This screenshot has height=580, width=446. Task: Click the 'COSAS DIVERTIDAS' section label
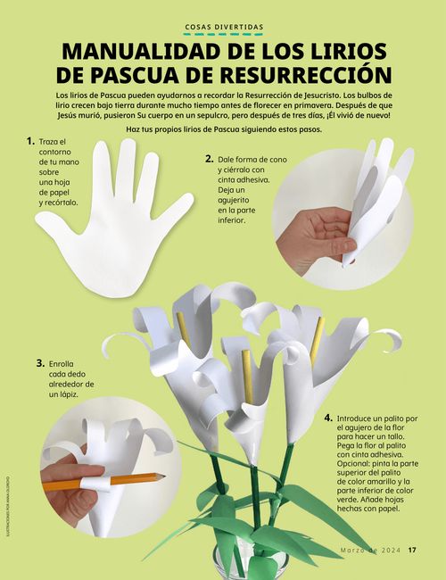pyautogui.click(x=223, y=28)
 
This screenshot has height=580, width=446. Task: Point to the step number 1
pyautogui.click(x=30, y=141)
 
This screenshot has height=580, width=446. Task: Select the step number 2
pyautogui.click(x=209, y=159)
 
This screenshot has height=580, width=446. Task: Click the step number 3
pyautogui.click(x=40, y=363)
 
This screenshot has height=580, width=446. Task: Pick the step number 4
pyautogui.click(x=328, y=417)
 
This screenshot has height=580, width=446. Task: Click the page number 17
pyautogui.click(x=413, y=550)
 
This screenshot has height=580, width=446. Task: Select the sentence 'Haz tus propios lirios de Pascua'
pyautogui.click(x=223, y=129)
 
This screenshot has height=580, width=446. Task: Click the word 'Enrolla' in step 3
pyautogui.click(x=62, y=364)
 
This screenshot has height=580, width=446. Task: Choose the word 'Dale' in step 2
pyautogui.click(x=228, y=160)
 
